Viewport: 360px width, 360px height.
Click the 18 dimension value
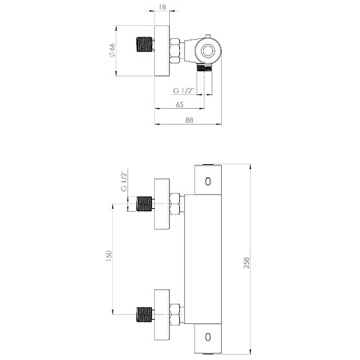[163, 7]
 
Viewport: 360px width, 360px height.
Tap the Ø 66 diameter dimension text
[112, 50]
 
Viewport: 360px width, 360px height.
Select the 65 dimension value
[180, 104]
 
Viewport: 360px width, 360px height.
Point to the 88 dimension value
[189, 120]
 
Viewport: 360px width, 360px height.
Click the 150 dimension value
[109, 256]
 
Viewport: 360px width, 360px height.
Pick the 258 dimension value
[247, 263]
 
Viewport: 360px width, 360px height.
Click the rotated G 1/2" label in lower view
[125, 181]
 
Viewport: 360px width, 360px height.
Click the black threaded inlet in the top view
[145, 45]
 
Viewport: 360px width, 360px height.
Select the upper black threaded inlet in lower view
[144, 204]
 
